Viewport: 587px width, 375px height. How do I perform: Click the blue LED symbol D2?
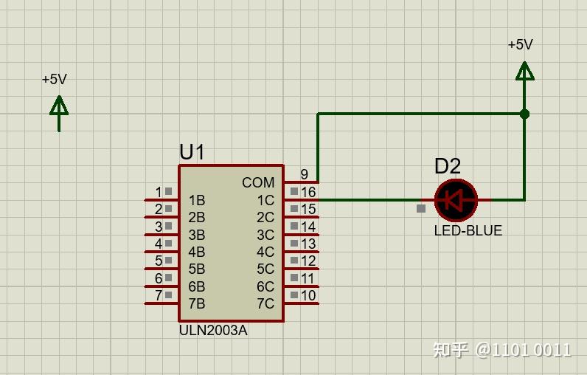[x=456, y=200]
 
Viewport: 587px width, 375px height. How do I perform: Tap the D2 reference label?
[x=447, y=167]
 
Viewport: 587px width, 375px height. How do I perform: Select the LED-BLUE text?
[x=468, y=230]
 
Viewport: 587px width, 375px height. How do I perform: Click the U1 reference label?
[x=192, y=152]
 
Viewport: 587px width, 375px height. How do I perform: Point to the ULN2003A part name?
[x=213, y=331]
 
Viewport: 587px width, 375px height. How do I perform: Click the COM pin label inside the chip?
[x=258, y=182]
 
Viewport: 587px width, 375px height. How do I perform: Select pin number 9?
[x=304, y=174]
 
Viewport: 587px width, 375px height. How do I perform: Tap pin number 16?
[x=308, y=192]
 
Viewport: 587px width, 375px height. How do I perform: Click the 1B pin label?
[x=196, y=200]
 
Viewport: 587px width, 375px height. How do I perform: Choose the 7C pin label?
[x=265, y=303]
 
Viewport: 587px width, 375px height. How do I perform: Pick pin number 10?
[x=308, y=296]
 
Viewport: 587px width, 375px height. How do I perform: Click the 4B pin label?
[x=196, y=252]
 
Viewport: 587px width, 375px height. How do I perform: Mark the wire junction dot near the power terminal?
[x=524, y=114]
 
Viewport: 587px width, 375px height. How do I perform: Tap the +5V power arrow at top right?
[x=524, y=72]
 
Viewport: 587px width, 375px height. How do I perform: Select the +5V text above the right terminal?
[x=520, y=44]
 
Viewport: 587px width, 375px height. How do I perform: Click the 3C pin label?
[x=265, y=235]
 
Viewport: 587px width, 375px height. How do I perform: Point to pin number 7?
[x=158, y=296]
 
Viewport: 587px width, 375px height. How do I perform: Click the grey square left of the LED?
[x=420, y=208]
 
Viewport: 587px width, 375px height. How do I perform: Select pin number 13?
[x=308, y=244]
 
